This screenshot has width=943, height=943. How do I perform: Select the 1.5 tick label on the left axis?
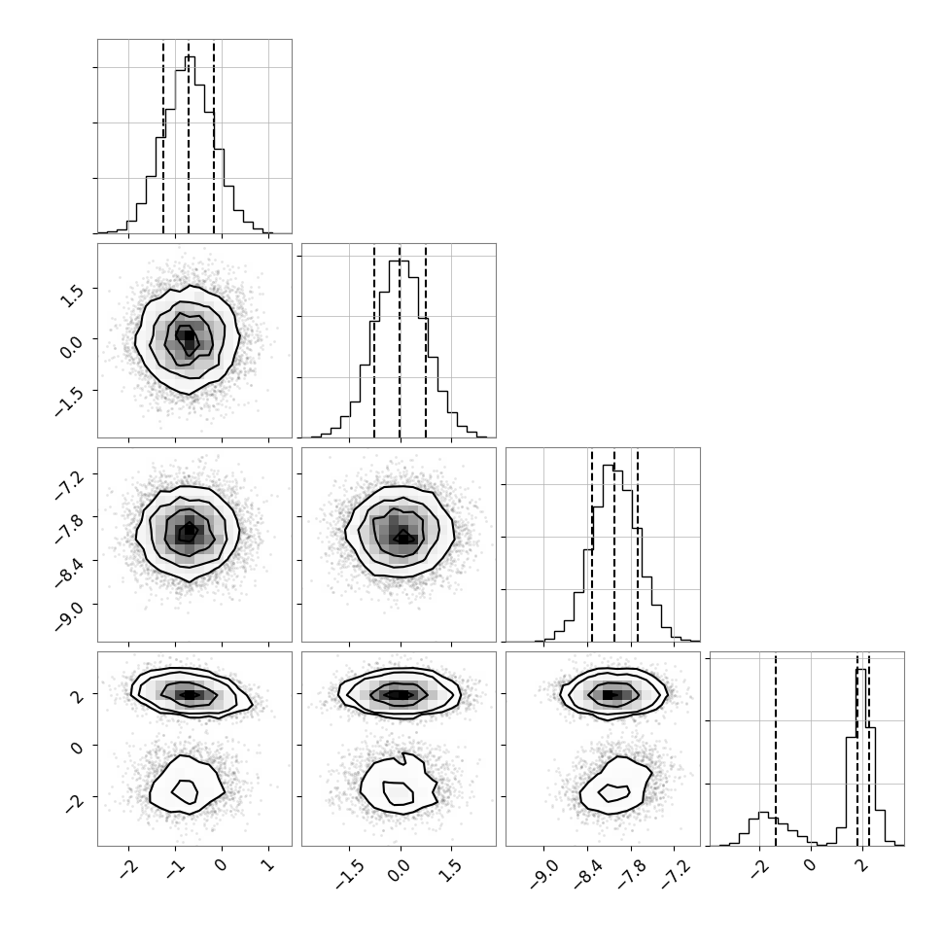[72, 296]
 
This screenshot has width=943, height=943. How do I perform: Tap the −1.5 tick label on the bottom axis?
[349, 874]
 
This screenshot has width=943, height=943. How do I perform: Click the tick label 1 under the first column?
[267, 866]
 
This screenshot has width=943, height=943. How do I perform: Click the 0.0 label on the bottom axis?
[400, 870]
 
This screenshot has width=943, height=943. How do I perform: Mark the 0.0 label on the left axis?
[72, 346]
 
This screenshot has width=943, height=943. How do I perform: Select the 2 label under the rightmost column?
[861, 866]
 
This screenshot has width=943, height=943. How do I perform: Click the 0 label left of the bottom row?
[76, 748]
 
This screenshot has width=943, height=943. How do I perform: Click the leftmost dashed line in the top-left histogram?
[163, 136]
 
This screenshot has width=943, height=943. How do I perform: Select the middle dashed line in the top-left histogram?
[189, 136]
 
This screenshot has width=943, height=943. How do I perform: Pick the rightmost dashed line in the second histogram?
[426, 341]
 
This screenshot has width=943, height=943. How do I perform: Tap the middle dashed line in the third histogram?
[614, 544]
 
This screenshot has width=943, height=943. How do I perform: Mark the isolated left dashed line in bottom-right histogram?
[776, 749]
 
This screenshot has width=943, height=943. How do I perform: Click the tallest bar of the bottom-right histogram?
[861, 757]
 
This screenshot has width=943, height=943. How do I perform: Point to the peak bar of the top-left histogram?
[190, 144]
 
